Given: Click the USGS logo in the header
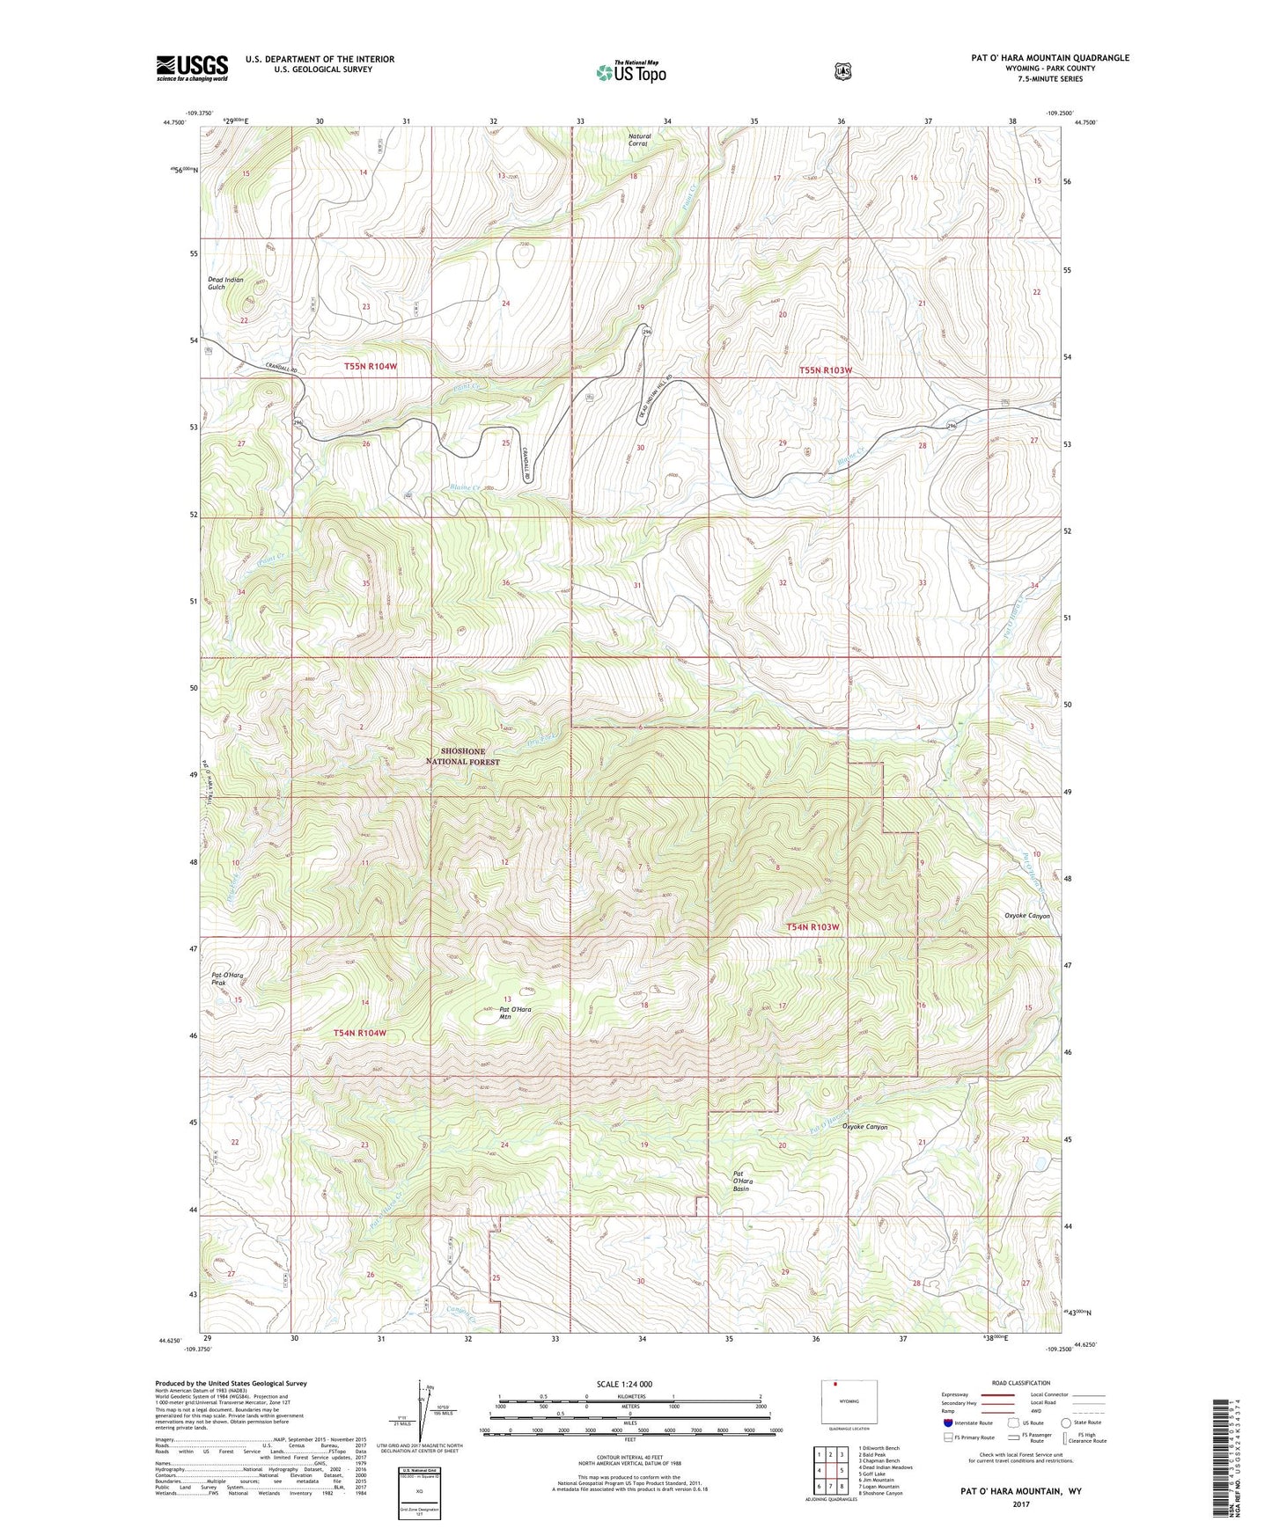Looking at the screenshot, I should pos(192,68).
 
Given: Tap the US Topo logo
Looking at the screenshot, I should pos(629,72).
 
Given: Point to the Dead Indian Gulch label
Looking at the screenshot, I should pos(225,283).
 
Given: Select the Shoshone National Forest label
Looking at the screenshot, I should pos(463,757).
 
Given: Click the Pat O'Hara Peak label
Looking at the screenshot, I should pos(226,979).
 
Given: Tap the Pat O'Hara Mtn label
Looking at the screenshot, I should pos(516,1013).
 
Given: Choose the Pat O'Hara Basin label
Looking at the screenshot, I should pos(746,1181).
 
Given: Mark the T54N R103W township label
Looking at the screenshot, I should pos(812,927).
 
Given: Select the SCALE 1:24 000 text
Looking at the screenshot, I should pos(624,1384).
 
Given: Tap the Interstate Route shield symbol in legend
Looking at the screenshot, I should pos(948,1423).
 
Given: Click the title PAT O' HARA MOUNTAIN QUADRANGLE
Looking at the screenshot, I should pos(1049,58).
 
